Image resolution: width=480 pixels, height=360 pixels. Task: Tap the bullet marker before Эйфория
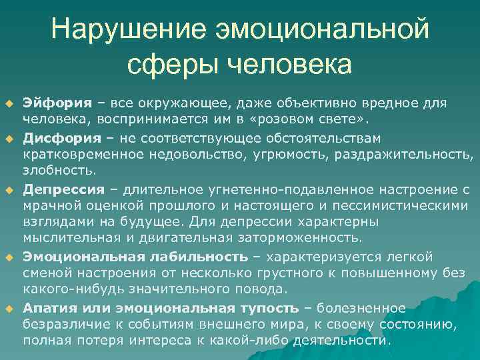click(9, 103)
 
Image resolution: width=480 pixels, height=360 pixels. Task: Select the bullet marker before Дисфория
click(9, 138)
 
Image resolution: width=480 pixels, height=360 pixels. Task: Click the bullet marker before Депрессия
click(9, 189)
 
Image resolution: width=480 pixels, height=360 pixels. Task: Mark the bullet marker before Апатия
click(9, 307)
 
